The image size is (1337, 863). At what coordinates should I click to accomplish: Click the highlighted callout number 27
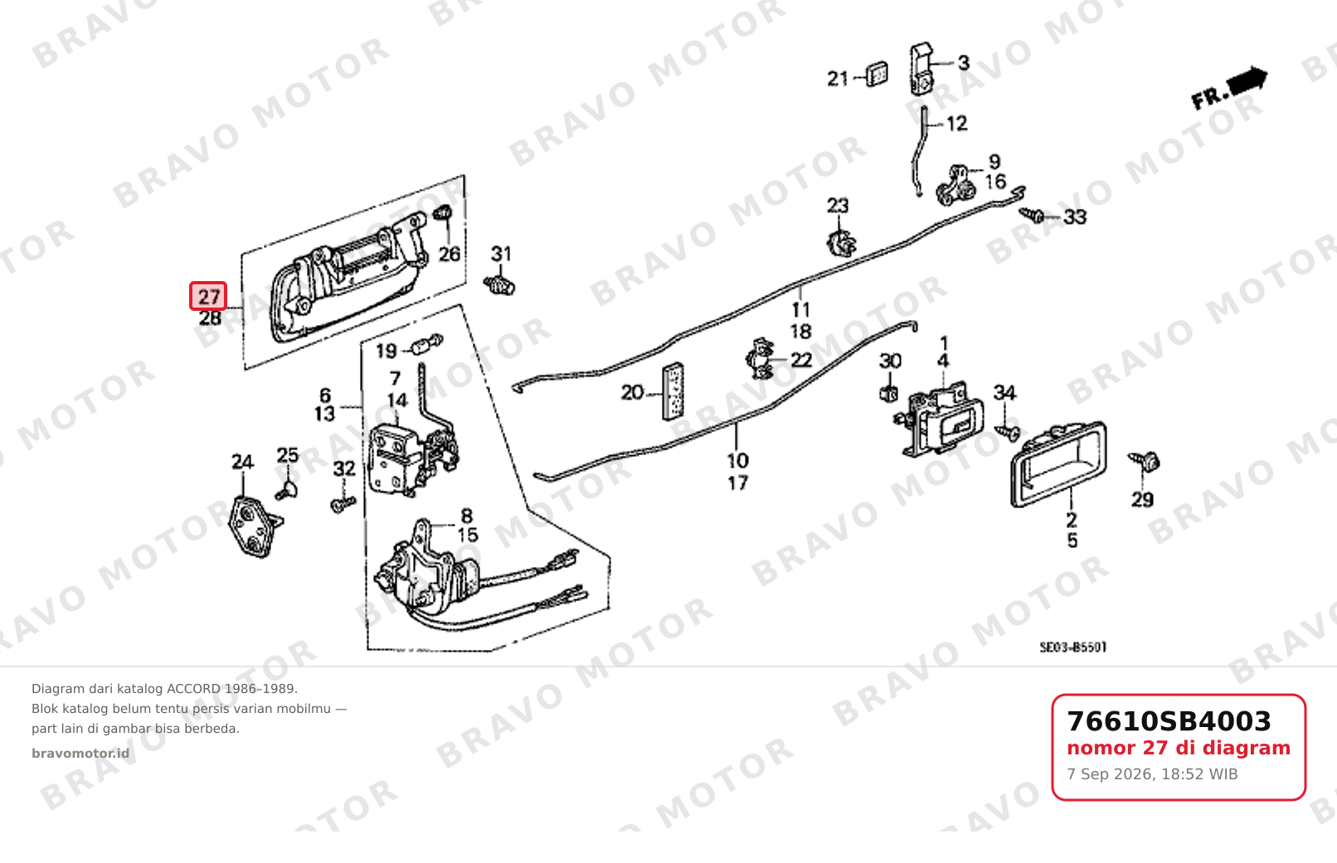[208, 297]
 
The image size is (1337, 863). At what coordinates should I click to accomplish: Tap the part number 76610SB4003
[1169, 721]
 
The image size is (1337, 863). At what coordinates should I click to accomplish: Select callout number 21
[838, 78]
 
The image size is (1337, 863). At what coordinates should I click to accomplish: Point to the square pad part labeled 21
[877, 74]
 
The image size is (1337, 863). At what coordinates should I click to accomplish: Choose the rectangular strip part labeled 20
[673, 391]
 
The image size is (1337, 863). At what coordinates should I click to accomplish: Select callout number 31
[501, 254]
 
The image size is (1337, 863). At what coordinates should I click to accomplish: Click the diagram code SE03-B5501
[1072, 647]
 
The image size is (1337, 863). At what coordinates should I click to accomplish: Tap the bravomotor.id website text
[80, 754]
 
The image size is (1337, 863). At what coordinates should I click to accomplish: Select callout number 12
[957, 124]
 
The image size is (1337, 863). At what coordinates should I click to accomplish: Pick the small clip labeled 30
[889, 394]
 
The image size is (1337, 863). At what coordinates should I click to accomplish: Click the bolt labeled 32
[343, 504]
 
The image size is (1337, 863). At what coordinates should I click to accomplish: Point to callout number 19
[387, 351]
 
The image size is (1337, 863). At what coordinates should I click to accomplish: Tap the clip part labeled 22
[760, 359]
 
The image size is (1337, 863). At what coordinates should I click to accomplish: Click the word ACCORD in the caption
[193, 689]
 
